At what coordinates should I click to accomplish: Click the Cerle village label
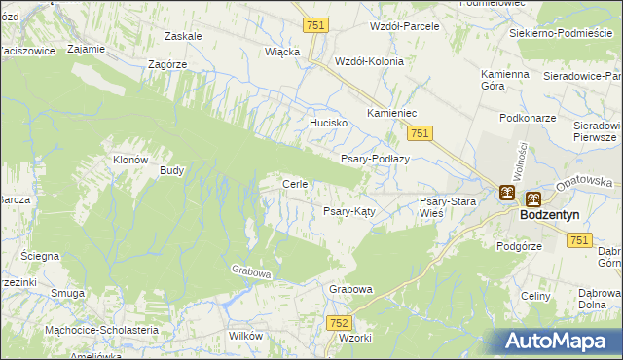(x=295, y=184)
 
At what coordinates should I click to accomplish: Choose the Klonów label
(x=130, y=160)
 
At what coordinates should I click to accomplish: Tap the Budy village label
(x=172, y=169)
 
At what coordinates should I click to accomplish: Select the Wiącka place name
(x=282, y=52)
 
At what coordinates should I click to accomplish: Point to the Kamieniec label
(x=391, y=114)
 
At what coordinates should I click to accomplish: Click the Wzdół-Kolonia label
(x=369, y=60)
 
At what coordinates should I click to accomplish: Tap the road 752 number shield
(x=339, y=322)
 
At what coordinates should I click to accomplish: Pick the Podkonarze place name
(x=527, y=117)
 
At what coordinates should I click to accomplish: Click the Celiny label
(x=536, y=296)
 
